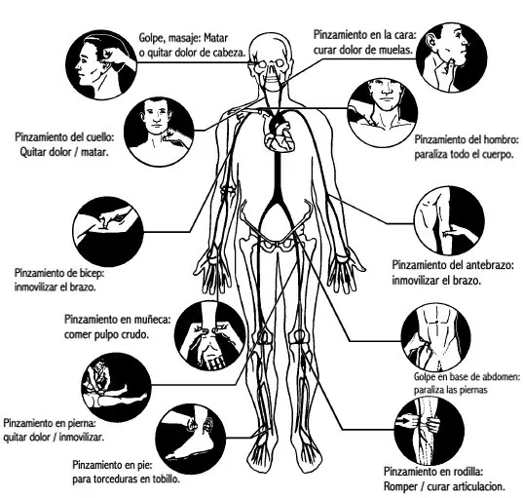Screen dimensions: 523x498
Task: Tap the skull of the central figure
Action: tap(271, 62)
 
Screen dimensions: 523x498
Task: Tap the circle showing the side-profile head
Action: tap(101, 64)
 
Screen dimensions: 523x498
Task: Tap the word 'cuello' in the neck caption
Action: tap(98, 136)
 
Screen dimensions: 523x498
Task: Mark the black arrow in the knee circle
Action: tap(406, 421)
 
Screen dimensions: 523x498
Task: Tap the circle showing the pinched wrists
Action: tap(210, 335)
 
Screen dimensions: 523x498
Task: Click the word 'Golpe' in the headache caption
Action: tap(152, 38)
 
